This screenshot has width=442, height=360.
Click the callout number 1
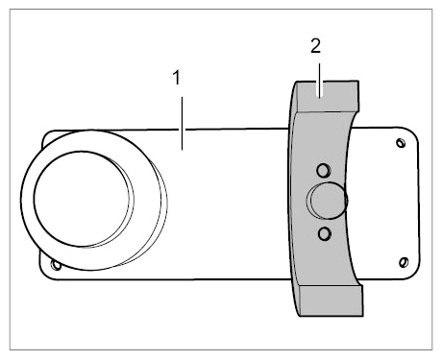coord(177,78)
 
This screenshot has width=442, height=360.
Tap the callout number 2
coord(315,46)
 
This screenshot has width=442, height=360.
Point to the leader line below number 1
coord(183,123)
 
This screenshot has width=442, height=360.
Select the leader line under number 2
coord(319,80)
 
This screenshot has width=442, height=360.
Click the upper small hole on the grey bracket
coord(324,170)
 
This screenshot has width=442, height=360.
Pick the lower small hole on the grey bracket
coord(325,234)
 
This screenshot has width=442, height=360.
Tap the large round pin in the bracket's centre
coord(328,201)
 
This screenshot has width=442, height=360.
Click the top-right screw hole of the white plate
coord(401,143)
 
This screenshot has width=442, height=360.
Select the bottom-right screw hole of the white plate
coord(404,262)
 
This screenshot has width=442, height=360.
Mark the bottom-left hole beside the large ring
coord(56,265)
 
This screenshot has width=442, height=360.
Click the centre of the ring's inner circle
coord(82,199)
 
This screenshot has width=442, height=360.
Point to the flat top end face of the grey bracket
coord(328,96)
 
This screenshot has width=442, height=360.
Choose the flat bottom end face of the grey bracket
coord(331,300)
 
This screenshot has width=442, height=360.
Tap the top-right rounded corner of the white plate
coord(412,132)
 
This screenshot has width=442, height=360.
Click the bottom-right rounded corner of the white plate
coord(415,275)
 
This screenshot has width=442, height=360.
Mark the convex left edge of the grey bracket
coord(288,199)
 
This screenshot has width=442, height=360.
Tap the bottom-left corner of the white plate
coord(43,276)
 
